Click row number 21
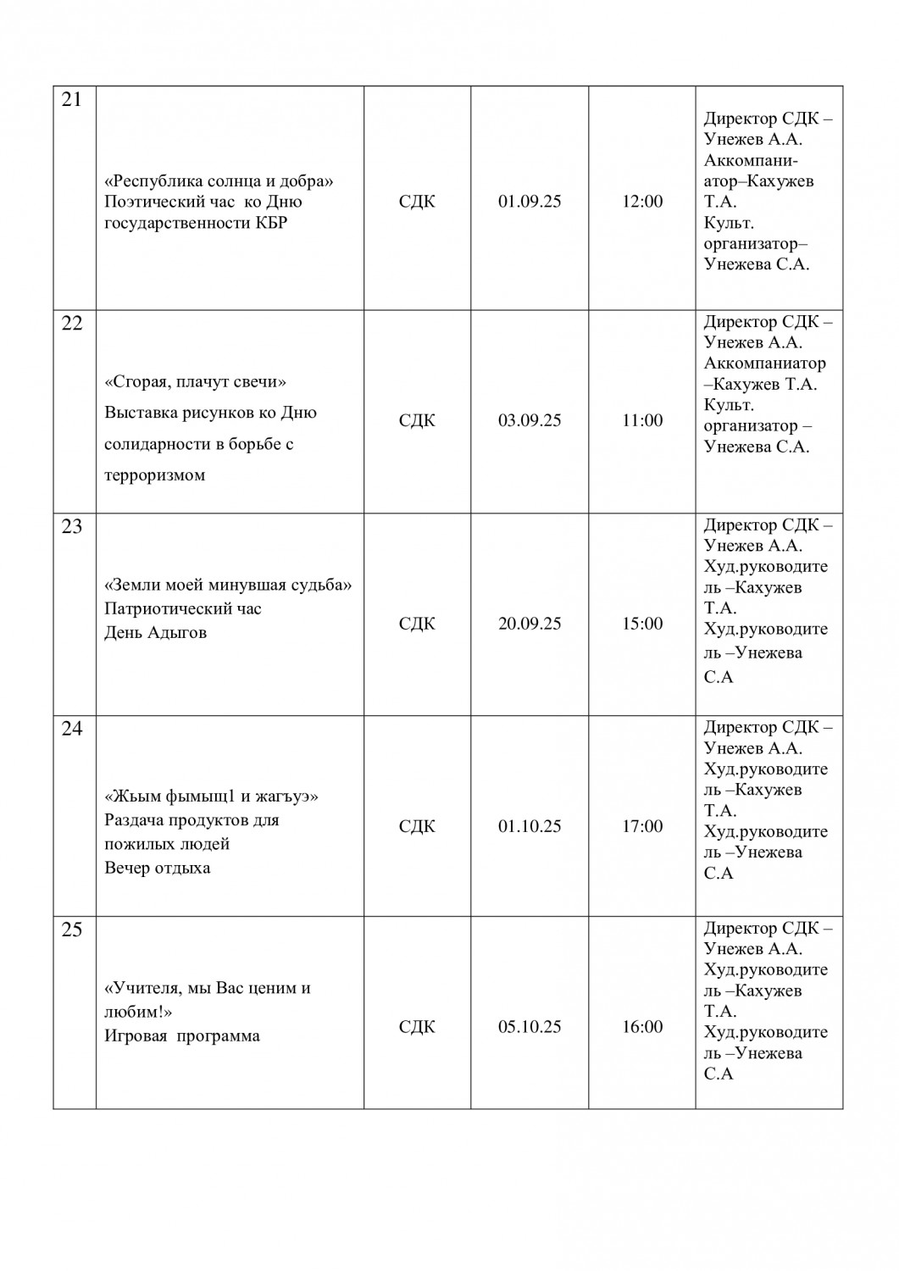click(72, 100)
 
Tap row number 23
click(72, 527)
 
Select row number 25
click(72, 930)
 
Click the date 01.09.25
click(530, 202)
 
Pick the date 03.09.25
click(530, 420)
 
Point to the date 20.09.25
click(530, 624)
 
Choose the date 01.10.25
click(530, 826)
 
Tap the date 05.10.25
click(530, 1027)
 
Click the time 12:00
click(642, 202)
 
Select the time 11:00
click(642, 420)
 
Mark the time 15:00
click(642, 624)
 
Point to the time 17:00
click(642, 826)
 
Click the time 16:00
click(642, 1027)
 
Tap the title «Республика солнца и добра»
click(219, 181)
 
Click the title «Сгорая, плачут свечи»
click(196, 382)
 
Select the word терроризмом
click(155, 475)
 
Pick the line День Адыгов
click(155, 633)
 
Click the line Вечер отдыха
click(158, 868)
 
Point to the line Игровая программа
click(182, 1035)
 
